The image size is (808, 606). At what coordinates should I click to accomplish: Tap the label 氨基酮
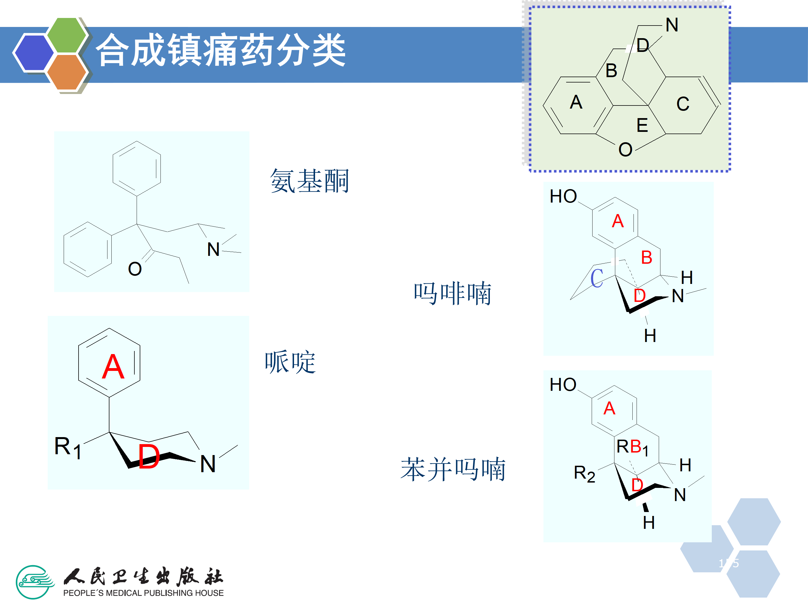[x=309, y=181]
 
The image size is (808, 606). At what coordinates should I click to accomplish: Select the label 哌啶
[x=290, y=362]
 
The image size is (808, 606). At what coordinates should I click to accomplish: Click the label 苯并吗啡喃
[x=453, y=469]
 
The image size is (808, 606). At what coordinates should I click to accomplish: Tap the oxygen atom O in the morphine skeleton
[x=625, y=150]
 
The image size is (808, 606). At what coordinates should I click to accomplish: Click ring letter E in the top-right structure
[x=642, y=126]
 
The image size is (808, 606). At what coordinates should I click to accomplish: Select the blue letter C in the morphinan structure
[x=597, y=278]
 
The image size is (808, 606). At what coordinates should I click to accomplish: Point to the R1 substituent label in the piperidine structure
[x=68, y=447]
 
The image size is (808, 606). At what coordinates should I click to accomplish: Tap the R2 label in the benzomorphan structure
[x=584, y=474]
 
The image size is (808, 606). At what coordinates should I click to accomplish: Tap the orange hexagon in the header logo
[x=67, y=72]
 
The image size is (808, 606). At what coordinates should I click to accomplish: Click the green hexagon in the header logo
[x=67, y=35]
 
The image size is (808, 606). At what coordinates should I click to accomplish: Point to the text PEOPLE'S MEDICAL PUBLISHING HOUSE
[x=143, y=593]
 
